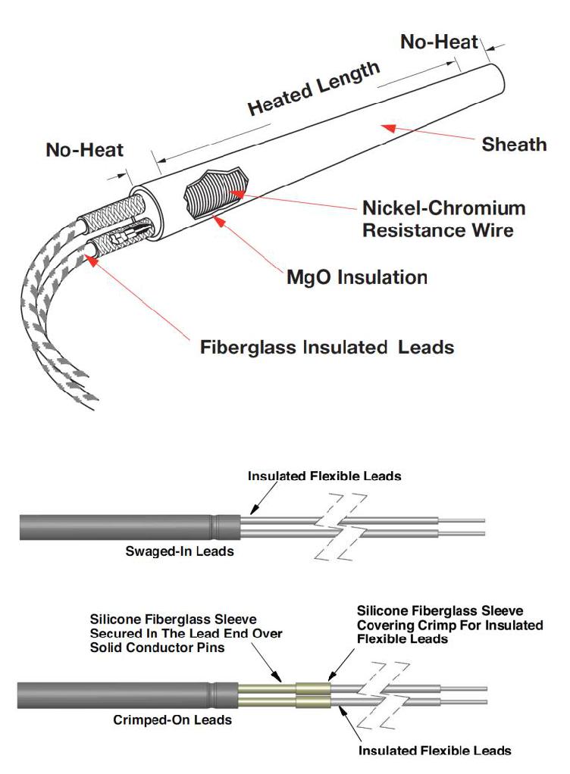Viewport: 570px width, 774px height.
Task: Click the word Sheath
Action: [x=514, y=144]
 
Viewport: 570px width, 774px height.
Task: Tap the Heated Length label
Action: [x=314, y=89]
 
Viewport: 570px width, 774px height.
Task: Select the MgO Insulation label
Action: [x=356, y=277]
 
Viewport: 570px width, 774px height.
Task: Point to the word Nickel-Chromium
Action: [x=443, y=208]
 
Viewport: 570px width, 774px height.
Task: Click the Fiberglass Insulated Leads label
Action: [x=327, y=347]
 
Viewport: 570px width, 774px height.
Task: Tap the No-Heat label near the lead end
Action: [x=84, y=149]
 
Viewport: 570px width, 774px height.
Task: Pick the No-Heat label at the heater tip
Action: [x=439, y=42]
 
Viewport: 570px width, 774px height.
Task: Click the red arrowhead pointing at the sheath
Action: [x=389, y=127]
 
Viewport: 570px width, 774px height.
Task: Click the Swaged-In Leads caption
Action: [x=180, y=551]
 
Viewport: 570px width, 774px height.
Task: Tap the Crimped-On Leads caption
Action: [x=172, y=719]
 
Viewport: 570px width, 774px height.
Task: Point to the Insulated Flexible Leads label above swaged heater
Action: [x=324, y=476]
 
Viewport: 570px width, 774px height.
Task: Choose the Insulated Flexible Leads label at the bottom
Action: [x=434, y=751]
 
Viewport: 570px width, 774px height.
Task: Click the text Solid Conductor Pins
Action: [x=157, y=648]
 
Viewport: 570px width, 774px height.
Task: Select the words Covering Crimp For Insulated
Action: [x=450, y=625]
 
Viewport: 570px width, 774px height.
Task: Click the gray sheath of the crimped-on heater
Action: [x=128, y=695]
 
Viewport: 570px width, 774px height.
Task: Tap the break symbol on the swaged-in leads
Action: [x=341, y=527]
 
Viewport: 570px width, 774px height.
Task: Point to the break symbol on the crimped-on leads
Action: [x=383, y=696]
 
